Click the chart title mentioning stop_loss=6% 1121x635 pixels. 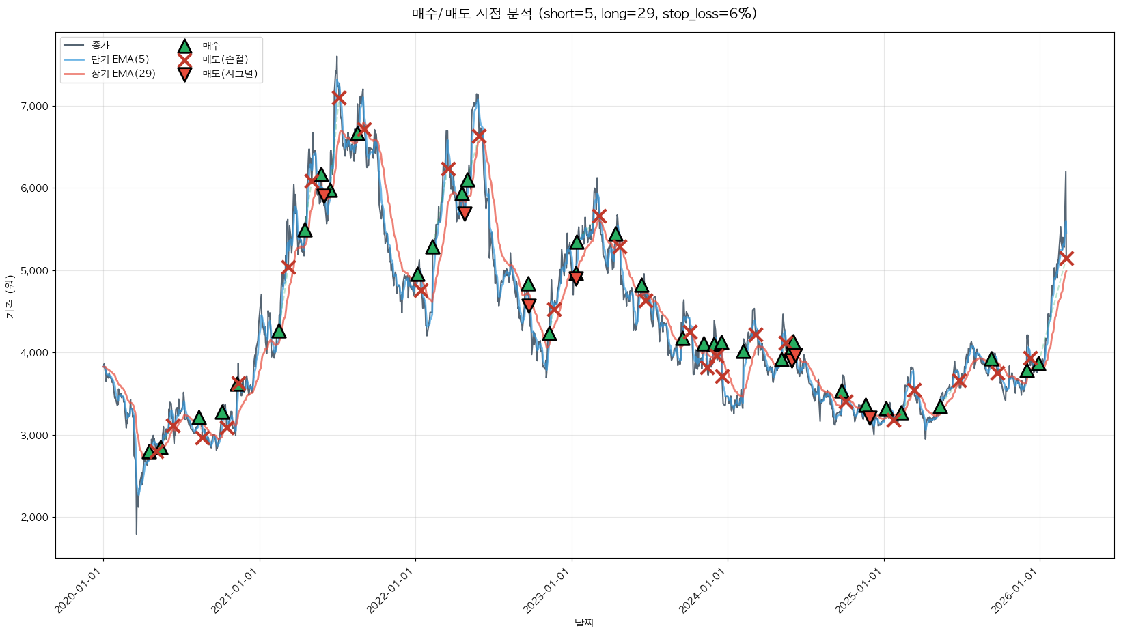[584, 14]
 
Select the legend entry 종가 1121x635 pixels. [100, 45]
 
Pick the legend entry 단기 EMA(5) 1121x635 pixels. [120, 59]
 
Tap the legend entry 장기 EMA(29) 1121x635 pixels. [123, 74]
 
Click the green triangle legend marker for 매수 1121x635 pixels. [184, 46]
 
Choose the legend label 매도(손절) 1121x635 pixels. [225, 59]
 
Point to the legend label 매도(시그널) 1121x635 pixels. [230, 74]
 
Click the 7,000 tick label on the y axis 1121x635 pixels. [34, 106]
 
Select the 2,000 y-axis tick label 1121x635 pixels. [34, 518]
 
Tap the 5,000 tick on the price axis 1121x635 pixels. [34, 270]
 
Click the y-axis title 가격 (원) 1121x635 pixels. [10, 297]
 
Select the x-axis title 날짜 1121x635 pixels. [584, 623]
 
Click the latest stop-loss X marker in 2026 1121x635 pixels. [1066, 258]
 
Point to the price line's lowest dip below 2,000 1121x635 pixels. [137, 533]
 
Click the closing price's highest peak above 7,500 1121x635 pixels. [337, 57]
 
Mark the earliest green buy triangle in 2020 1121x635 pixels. [149, 451]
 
